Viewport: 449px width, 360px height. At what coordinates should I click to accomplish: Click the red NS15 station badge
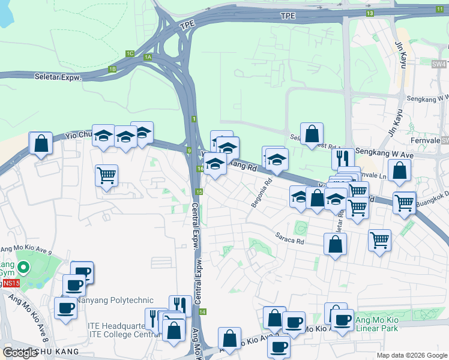point(10,283)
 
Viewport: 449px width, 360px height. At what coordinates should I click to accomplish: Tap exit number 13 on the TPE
point(370,13)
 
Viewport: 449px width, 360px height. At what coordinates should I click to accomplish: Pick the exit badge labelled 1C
point(130,53)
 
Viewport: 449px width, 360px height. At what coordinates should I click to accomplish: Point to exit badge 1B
point(112,69)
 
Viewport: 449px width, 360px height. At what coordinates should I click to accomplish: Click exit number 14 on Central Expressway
point(203,312)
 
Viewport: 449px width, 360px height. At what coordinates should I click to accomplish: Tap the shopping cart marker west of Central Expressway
point(106,176)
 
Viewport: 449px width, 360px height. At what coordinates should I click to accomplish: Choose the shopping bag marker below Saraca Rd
point(335,244)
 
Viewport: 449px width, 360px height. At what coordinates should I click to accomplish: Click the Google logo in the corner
point(20,353)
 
